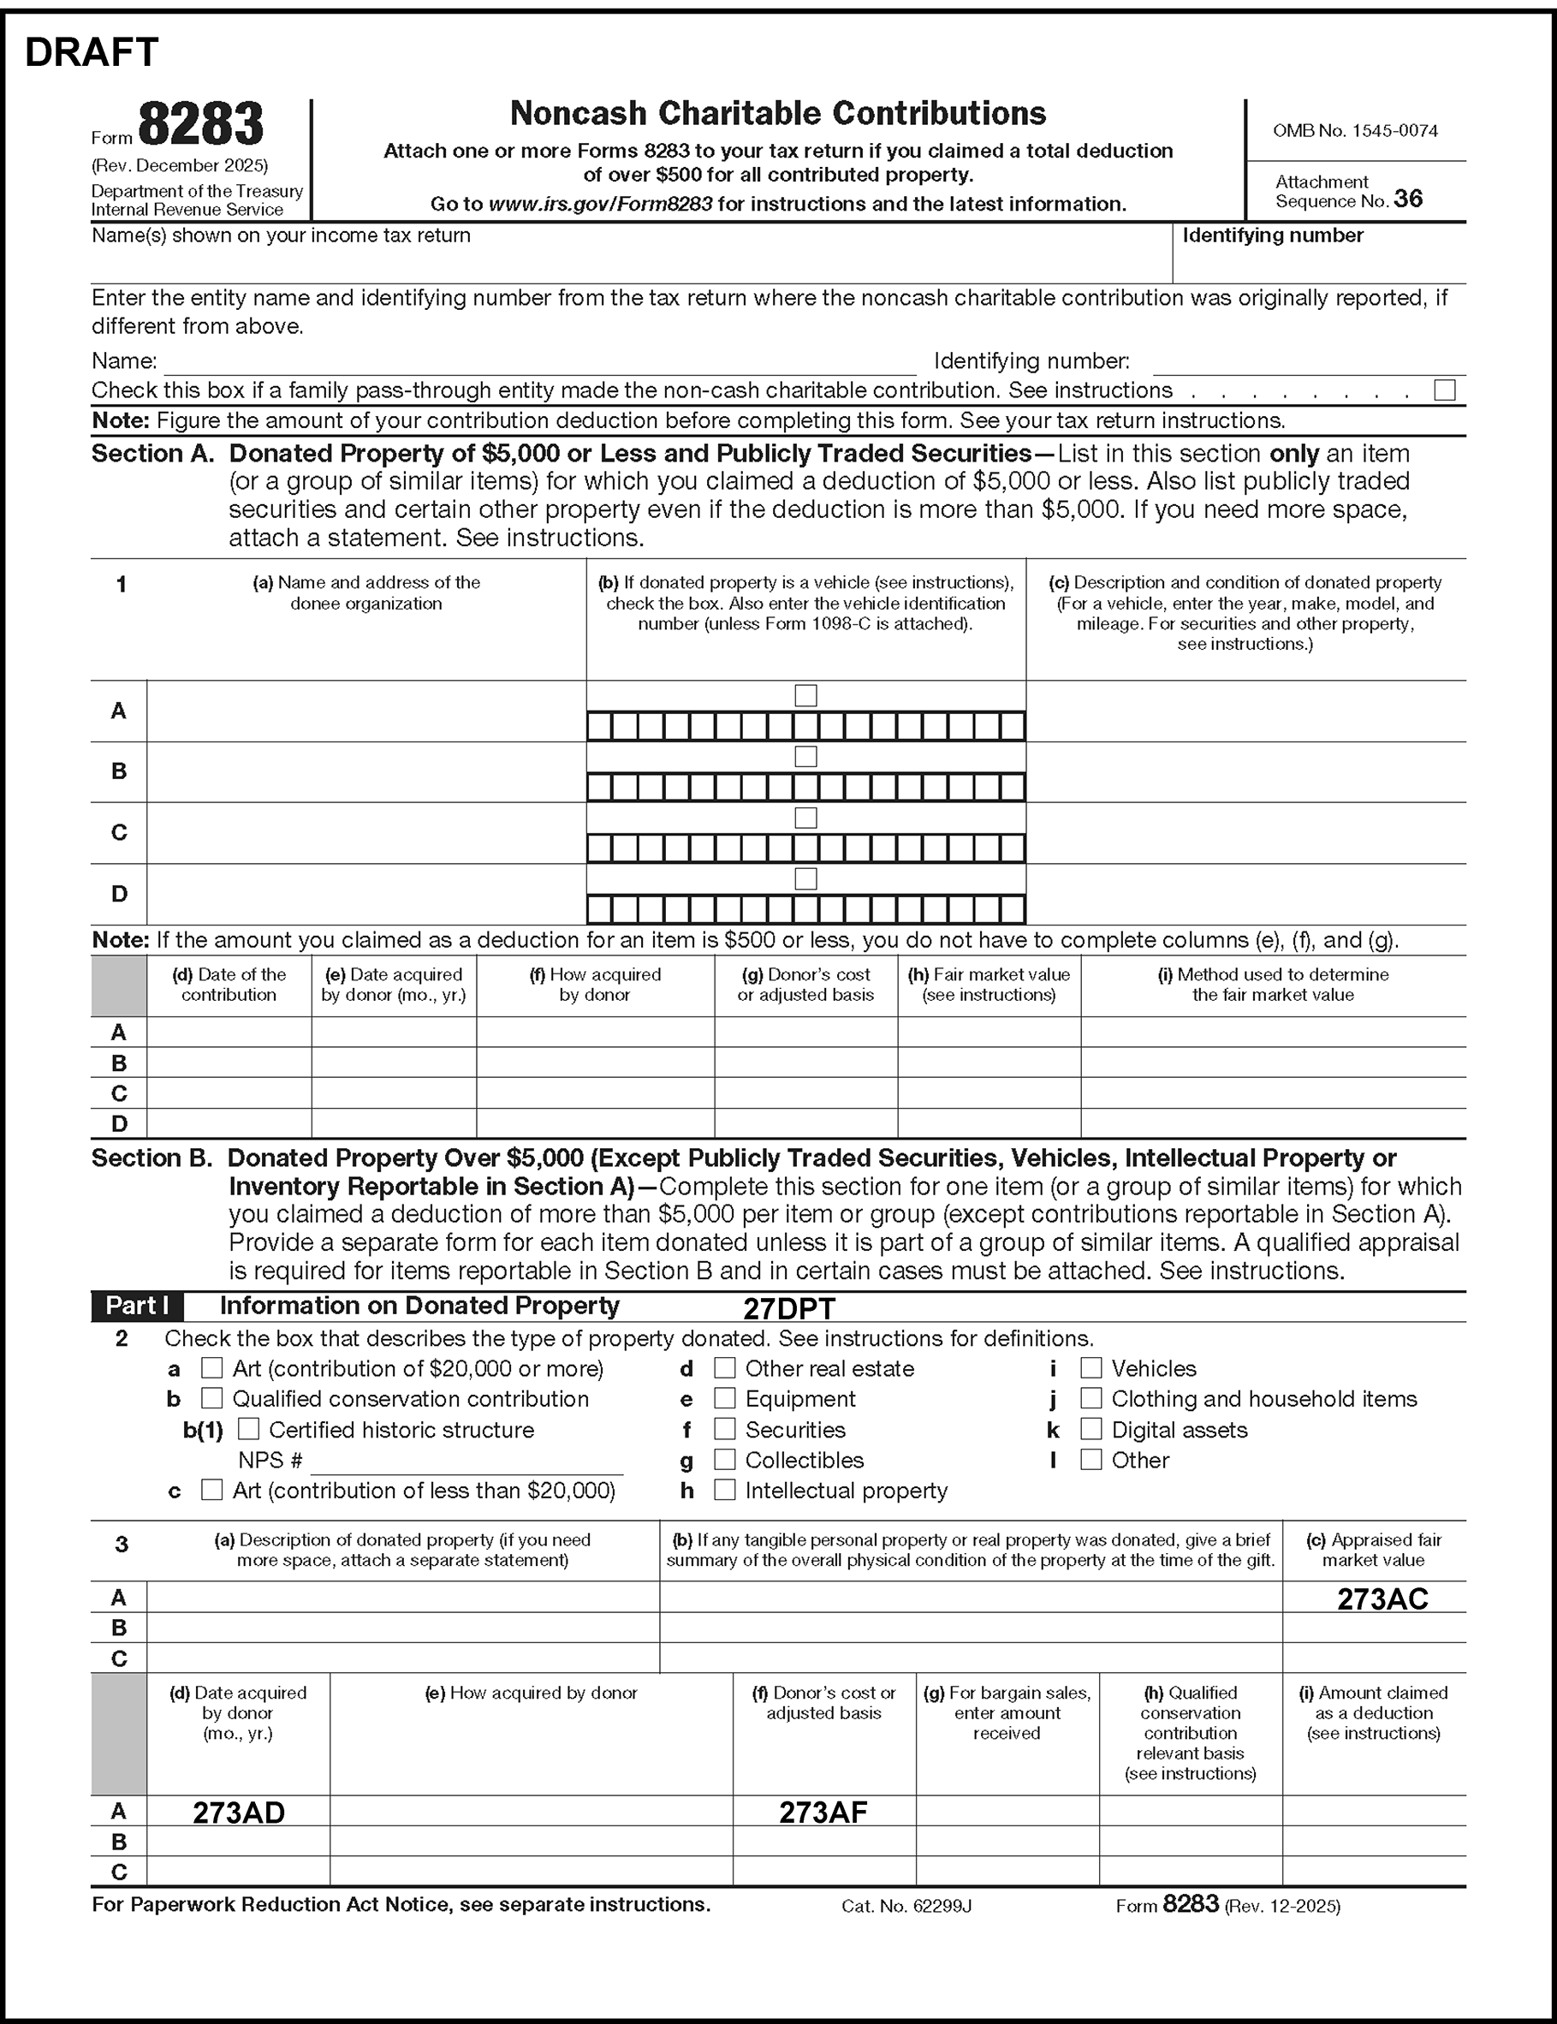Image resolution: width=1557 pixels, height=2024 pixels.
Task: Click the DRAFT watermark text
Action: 92,53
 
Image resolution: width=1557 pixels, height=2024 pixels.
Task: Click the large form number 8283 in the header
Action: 200,124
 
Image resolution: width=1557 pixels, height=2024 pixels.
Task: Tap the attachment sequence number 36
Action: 1407,199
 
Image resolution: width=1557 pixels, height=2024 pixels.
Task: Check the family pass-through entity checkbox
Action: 1444,390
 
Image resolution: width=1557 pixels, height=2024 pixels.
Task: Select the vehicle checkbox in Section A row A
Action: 806,695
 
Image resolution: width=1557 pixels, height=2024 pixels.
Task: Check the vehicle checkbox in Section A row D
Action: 806,878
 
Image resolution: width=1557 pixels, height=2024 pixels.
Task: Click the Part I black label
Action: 137,1306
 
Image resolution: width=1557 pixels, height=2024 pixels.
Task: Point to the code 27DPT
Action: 788,1308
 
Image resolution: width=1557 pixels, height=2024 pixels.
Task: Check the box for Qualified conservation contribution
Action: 212,1398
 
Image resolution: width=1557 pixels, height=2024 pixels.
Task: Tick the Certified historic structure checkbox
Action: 248,1429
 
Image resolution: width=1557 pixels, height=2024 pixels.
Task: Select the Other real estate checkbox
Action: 725,1368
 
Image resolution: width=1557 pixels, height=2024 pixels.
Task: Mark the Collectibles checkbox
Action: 725,1460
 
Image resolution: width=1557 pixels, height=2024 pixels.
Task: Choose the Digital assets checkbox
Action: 1090,1429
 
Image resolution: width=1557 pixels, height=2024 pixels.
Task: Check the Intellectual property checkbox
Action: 725,1491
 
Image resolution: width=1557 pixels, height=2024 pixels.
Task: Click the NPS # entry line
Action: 467,1462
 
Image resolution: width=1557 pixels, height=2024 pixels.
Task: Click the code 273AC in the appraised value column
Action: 1382,1598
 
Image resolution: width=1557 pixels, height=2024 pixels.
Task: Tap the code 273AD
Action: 238,1813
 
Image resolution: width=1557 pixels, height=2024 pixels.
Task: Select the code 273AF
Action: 823,1813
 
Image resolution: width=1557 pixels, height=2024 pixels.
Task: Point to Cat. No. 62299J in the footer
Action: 906,1907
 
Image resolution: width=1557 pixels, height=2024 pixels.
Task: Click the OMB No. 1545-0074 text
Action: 1355,131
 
